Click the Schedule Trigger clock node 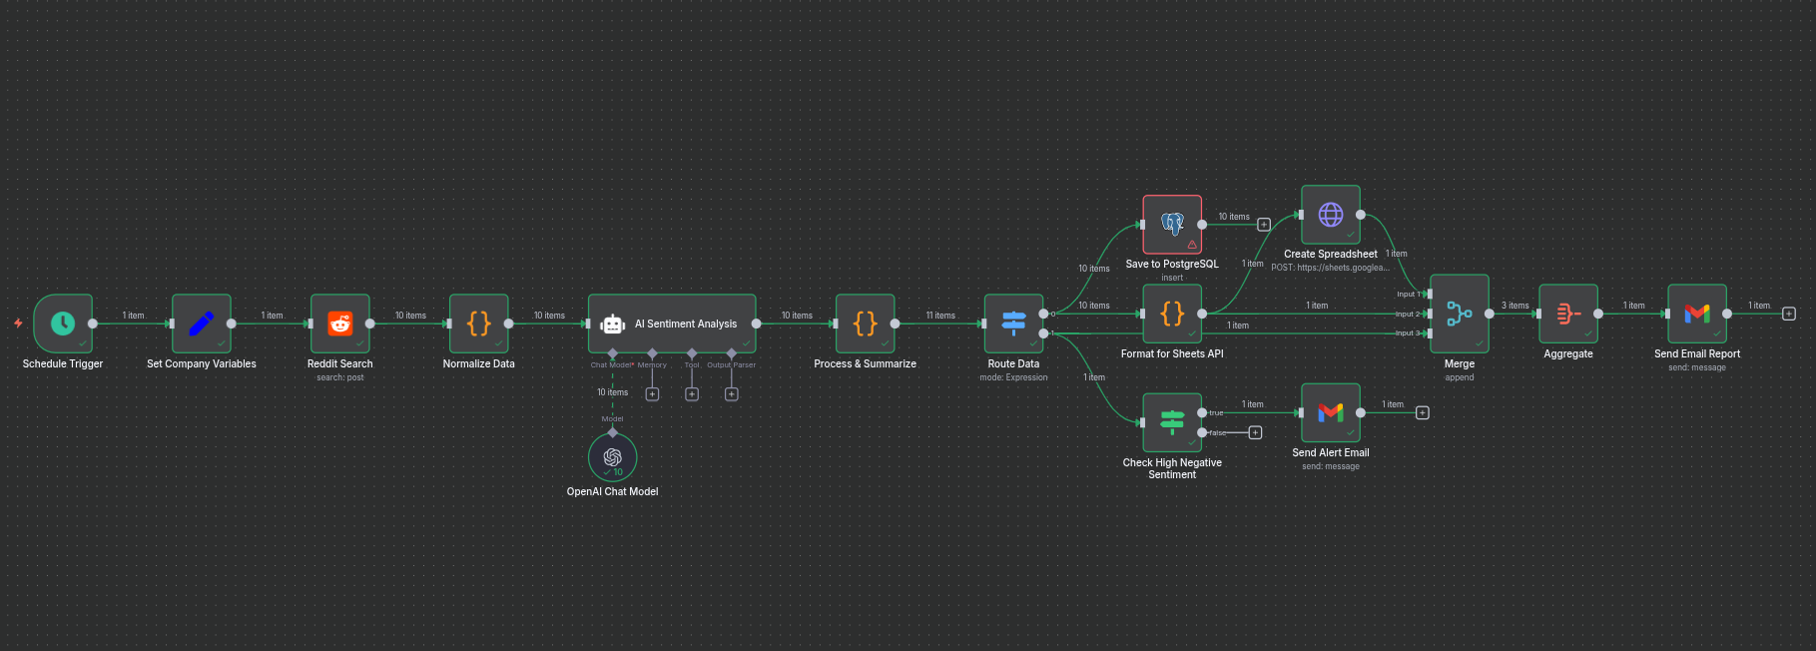pyautogui.click(x=63, y=323)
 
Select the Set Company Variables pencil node pyautogui.click(x=201, y=323)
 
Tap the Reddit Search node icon pyautogui.click(x=340, y=323)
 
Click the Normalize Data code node pyautogui.click(x=479, y=323)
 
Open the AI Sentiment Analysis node pyautogui.click(x=672, y=323)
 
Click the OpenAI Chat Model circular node pyautogui.click(x=612, y=456)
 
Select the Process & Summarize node pyautogui.click(x=865, y=323)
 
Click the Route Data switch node pyautogui.click(x=1013, y=323)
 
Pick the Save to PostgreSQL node pyautogui.click(x=1172, y=224)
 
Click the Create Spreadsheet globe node pyautogui.click(x=1331, y=214)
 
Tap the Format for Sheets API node pyautogui.click(x=1172, y=314)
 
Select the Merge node pyautogui.click(x=1459, y=314)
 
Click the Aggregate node pyautogui.click(x=1567, y=314)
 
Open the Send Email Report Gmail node pyautogui.click(x=1696, y=314)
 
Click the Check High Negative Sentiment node pyautogui.click(x=1172, y=422)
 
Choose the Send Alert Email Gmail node pyautogui.click(x=1331, y=412)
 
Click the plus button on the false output pyautogui.click(x=1256, y=432)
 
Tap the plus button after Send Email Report pyautogui.click(x=1788, y=314)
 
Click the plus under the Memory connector pyautogui.click(x=652, y=394)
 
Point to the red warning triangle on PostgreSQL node pyautogui.click(x=1192, y=245)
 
